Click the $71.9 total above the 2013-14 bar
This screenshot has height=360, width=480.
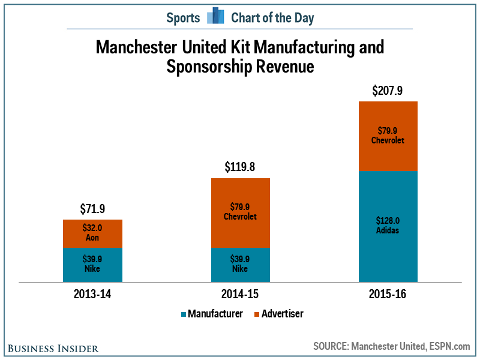pos(92,209)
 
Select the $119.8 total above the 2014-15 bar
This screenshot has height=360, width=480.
pos(240,167)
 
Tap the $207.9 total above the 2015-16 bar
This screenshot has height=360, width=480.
pos(388,91)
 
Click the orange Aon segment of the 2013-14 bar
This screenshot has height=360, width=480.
pos(92,233)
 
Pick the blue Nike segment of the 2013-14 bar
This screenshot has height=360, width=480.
pos(92,265)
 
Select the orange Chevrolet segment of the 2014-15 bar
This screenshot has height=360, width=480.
pos(240,212)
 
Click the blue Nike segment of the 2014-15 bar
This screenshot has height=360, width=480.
pos(240,265)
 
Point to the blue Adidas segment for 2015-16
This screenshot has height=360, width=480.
pos(388,226)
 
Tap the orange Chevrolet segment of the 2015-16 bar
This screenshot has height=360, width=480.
pos(388,136)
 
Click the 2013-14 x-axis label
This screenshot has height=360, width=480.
pos(92,295)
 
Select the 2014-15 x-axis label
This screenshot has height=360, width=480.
pos(240,295)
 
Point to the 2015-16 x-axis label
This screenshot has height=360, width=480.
pos(388,295)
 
